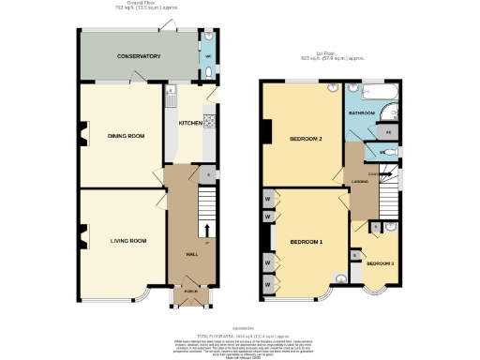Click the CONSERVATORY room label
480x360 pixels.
click(138, 56)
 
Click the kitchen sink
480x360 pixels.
click(172, 97)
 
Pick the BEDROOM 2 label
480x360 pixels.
click(306, 139)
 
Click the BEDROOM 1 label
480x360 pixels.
click(306, 242)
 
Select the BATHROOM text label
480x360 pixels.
click(362, 112)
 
